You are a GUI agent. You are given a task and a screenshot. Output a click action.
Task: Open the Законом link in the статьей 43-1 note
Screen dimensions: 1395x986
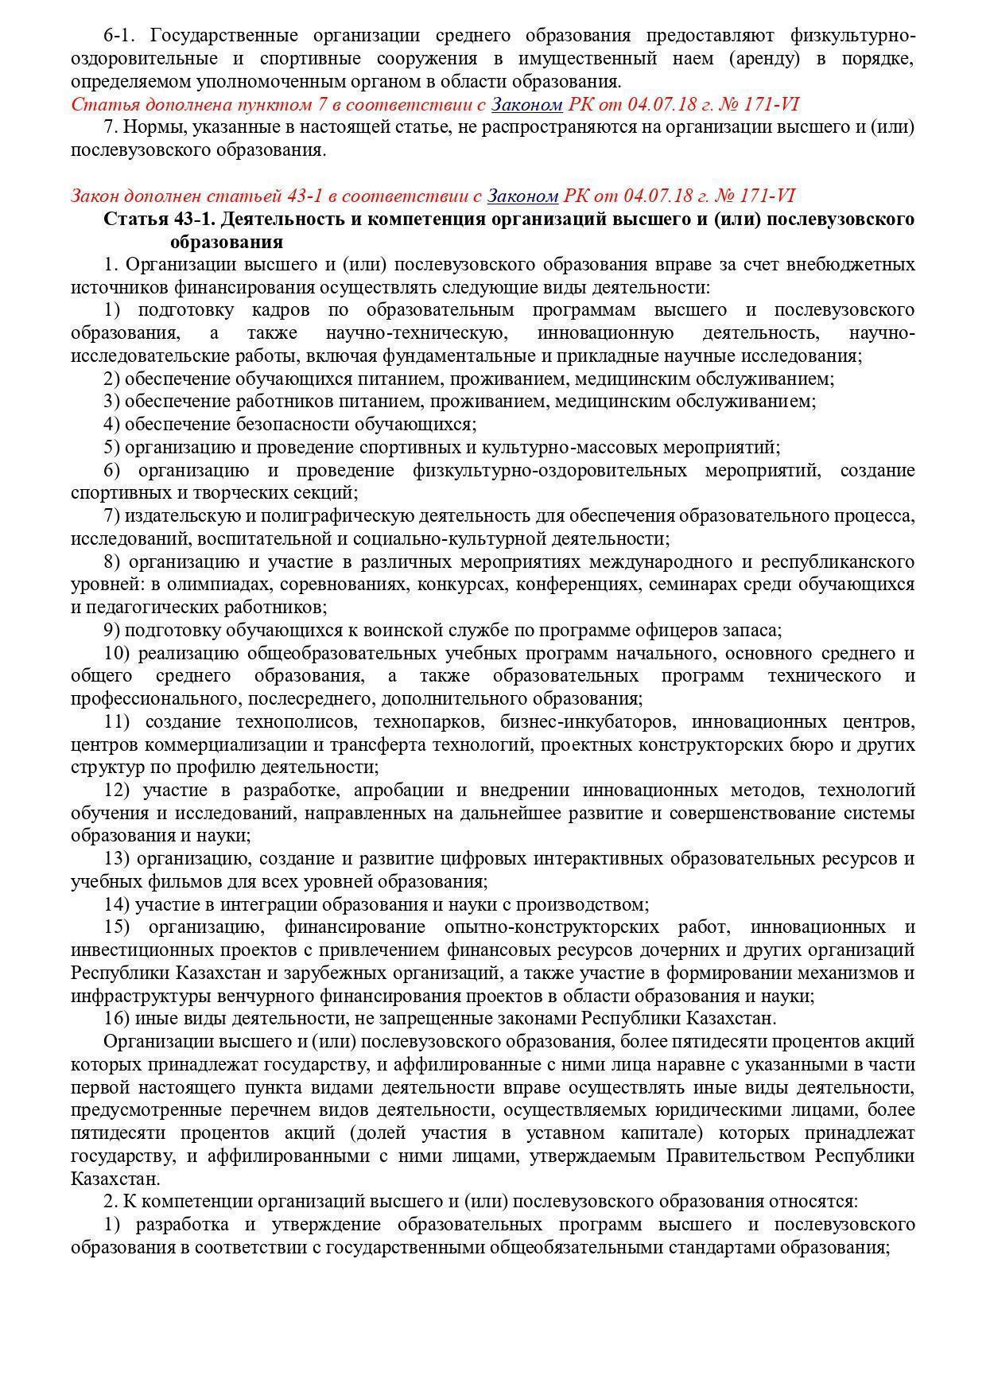tap(523, 196)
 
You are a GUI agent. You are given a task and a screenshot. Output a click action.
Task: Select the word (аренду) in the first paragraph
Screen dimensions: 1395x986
tap(768, 59)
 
